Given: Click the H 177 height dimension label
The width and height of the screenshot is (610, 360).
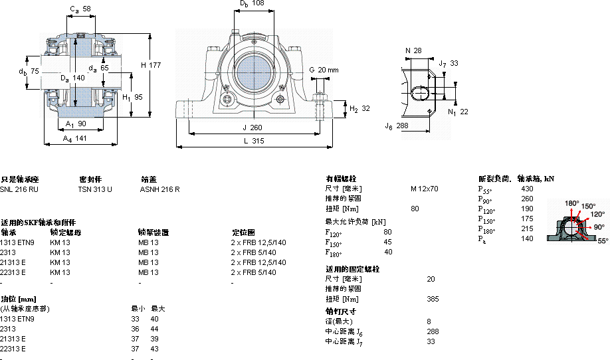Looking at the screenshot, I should point(151,65).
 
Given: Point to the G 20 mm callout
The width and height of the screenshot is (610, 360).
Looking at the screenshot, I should point(324,70).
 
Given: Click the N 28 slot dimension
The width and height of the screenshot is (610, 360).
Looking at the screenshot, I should point(413,51).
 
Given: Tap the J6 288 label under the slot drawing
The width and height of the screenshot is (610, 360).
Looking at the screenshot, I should point(396,125).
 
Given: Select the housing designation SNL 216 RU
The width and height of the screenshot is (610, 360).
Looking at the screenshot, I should point(19,189).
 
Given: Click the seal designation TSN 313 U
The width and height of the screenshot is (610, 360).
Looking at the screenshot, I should point(95,189).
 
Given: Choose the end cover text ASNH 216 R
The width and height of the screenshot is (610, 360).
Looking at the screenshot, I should point(159,189).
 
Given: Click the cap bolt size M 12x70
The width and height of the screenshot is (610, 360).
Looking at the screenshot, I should point(424,189).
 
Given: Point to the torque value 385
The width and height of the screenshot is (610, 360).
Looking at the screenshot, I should point(433,299).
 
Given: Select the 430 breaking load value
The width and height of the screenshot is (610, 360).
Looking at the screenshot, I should point(527,189).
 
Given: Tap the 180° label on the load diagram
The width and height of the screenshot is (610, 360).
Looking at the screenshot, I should point(571,204).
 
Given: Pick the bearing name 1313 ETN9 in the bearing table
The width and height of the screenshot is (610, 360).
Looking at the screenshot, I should point(17,242).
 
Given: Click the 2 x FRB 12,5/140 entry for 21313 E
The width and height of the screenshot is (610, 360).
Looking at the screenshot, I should point(258,262).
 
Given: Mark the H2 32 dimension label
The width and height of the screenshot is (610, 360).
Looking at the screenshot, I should point(359,108).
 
